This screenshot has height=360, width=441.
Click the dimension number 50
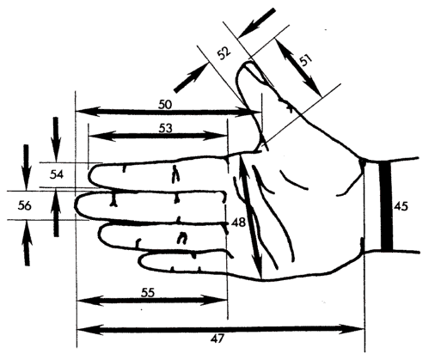pos(165,104)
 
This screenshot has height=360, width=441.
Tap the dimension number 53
pos(166,128)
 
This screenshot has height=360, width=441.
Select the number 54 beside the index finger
pos(57,174)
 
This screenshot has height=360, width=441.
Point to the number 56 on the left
pos(24,205)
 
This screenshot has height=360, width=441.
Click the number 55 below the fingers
pos(148,293)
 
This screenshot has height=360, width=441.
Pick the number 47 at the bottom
pos(217,339)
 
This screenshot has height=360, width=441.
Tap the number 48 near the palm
pos(238,222)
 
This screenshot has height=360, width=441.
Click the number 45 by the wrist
pos(401,206)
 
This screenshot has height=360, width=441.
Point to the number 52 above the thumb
pos(224,53)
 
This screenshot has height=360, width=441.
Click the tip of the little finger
pos(140,260)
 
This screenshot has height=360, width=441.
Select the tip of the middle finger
pos(76,204)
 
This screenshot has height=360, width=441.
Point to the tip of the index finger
pos(89,176)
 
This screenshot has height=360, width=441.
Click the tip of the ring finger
pos(101,233)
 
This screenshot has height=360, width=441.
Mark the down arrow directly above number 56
pos(26,168)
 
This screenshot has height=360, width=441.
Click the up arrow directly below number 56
pos(27,242)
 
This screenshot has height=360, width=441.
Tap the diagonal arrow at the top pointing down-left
pos(257,23)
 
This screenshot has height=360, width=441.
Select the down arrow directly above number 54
pos(56,139)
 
